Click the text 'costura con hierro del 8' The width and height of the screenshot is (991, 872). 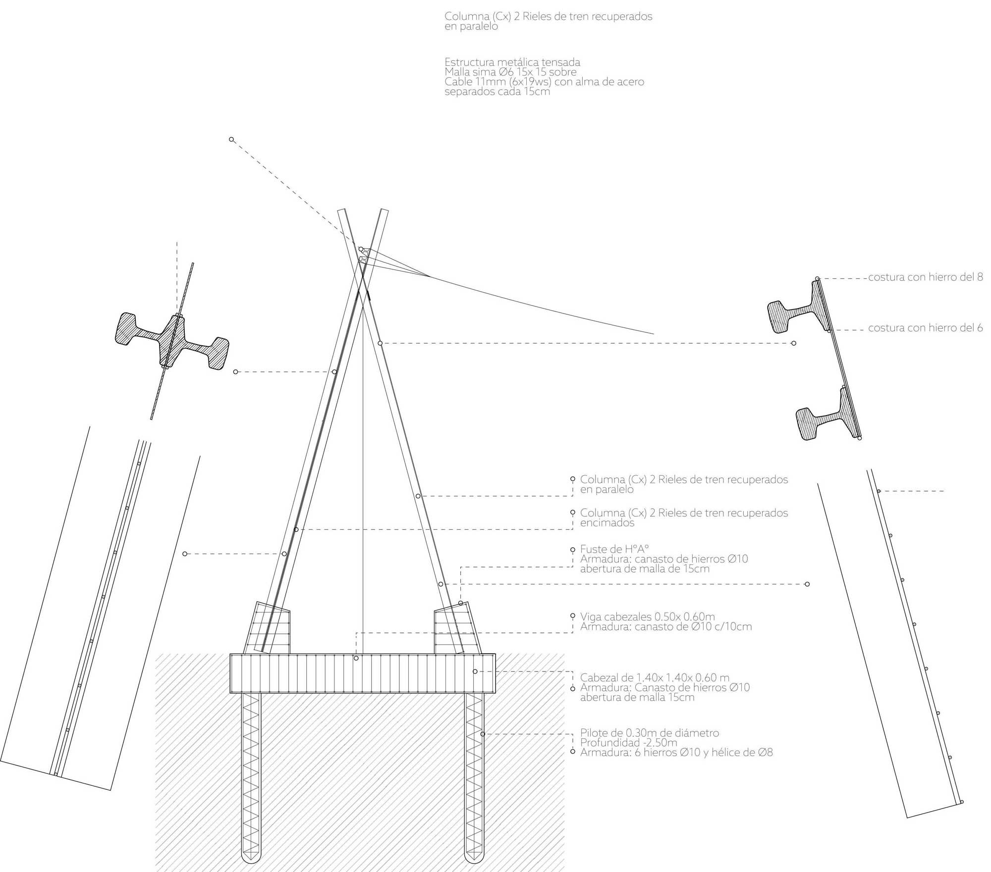coord(925,277)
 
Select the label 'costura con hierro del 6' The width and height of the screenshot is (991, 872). coord(925,328)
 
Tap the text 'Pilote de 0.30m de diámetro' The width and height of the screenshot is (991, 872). coord(649,733)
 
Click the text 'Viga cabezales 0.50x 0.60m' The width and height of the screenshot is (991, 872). coord(647,617)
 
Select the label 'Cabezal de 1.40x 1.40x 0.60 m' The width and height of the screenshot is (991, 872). coord(655,678)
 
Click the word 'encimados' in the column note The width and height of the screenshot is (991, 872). coord(607,523)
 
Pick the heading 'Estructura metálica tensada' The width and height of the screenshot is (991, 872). coord(512,62)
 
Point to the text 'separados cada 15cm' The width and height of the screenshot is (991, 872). coord(497,92)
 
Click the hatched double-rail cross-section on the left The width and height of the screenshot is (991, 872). coord(171,342)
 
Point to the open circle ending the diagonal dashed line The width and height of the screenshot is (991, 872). coord(231,140)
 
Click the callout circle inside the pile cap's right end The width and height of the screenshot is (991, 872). coord(475,671)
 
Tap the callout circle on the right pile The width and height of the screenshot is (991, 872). coord(483,734)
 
